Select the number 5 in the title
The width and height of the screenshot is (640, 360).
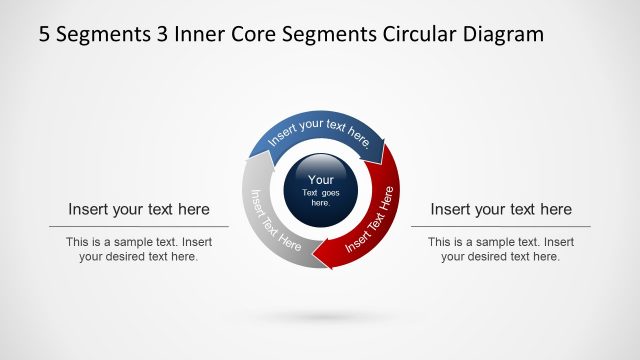[45, 35]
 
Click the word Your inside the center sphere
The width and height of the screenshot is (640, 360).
[320, 180]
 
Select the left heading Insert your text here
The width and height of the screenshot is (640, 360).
[139, 209]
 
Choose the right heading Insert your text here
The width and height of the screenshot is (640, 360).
[501, 209]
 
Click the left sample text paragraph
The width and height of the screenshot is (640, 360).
[139, 249]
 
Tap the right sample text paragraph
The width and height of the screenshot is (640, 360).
[501, 249]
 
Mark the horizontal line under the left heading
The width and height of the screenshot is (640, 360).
[139, 227]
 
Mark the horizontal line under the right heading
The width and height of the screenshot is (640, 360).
[501, 227]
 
